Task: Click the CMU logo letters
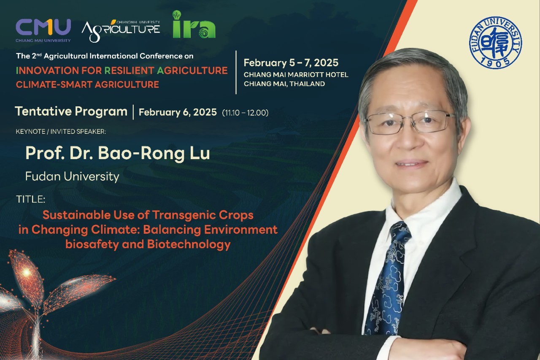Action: [43, 27]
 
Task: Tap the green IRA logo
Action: [194, 24]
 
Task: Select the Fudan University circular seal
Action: [495, 43]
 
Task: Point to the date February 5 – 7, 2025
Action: [291, 63]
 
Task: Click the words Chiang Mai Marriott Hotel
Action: [296, 75]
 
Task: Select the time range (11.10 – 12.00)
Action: [245, 113]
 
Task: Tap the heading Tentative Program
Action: [71, 112]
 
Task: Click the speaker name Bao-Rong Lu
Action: [154, 153]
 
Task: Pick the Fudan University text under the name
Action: [72, 176]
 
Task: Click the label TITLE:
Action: [31, 199]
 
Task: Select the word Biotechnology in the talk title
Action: [189, 244]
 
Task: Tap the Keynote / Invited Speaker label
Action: [61, 131]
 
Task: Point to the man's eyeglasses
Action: [410, 123]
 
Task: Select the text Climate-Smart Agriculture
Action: [87, 85]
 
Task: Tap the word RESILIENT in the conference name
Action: [129, 70]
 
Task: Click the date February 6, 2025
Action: [178, 112]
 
